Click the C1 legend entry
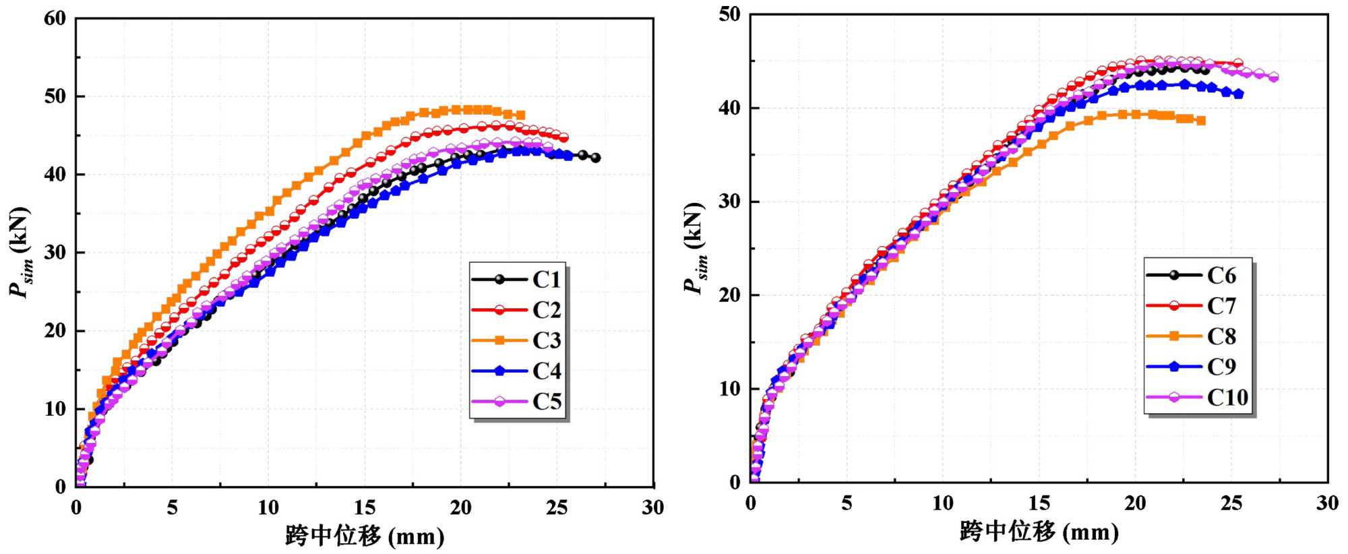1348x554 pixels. pos(518,279)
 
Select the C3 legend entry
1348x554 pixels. pos(518,340)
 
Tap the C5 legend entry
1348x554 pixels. pos(518,402)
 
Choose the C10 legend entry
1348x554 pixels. pos(1197,397)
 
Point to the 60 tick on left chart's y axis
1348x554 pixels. pos(55,19)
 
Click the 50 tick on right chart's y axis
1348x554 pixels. pos(729,14)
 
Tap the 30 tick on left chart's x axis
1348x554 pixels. pos(652,507)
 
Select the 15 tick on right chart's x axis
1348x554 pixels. pos(1039,503)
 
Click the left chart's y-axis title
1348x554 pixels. pos(20,252)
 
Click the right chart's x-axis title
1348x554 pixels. pos(1039,532)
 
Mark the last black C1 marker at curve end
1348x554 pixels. pos(595,158)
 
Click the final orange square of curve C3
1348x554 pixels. pos(520,115)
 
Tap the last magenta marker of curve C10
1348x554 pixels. pos(1273,78)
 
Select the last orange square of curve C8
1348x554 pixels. pos(1200,121)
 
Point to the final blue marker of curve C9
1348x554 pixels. pos(1238,94)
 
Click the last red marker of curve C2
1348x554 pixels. pos(563,137)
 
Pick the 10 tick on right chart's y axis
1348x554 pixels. pos(729,389)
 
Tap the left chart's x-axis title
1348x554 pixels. pos(365,536)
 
